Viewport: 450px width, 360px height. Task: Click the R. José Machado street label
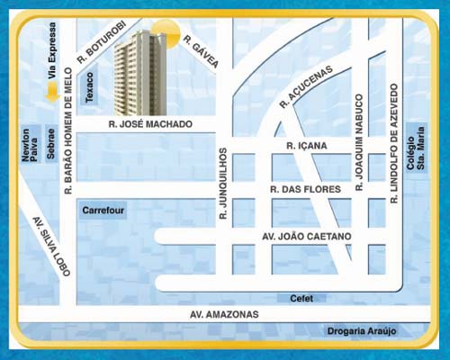tap(149, 123)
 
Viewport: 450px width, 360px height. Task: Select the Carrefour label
tap(103, 211)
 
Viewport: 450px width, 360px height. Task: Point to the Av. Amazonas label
tap(224, 314)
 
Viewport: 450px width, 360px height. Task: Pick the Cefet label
tap(301, 298)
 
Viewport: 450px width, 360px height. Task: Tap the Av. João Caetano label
tap(306, 237)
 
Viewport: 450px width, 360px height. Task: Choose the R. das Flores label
tap(306, 189)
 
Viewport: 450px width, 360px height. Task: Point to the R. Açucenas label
tap(305, 87)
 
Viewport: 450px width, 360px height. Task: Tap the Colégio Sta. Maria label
tap(415, 143)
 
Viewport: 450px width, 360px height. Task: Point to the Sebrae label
tap(51, 144)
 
